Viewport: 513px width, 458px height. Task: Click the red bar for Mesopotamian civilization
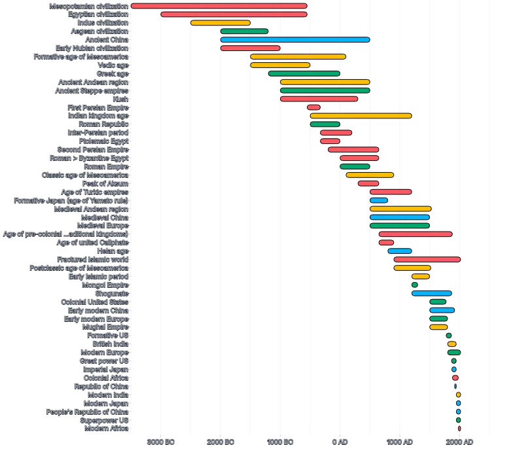219,6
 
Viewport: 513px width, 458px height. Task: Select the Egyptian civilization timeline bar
234,14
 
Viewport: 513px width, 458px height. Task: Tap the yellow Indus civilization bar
220,23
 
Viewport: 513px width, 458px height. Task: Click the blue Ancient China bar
294,40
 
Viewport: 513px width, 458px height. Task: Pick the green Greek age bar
304,74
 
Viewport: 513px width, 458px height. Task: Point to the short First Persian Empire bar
313,107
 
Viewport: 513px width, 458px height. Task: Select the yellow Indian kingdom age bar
361,116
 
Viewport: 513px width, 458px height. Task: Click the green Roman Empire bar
355,167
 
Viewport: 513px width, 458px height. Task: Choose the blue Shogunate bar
431,294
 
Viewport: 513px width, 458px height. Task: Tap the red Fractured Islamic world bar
427,260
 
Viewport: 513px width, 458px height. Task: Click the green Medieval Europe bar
399,226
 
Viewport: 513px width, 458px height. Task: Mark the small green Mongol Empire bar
414,285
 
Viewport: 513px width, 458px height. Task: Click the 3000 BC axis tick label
160,442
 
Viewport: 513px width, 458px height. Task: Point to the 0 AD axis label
340,442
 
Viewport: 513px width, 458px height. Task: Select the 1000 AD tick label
400,442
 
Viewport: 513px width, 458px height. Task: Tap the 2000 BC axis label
221,442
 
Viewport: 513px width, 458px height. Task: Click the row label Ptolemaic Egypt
103,141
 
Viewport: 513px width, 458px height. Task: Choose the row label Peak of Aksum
105,184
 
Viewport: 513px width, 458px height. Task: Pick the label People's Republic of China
87,412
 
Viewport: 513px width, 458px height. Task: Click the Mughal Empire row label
105,327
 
